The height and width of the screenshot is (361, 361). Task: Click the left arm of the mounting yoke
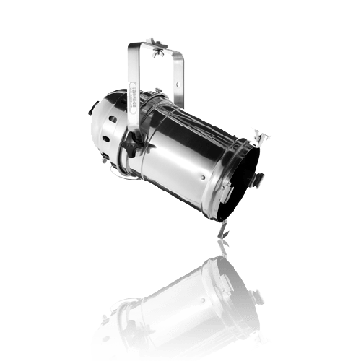(x=131, y=79)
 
